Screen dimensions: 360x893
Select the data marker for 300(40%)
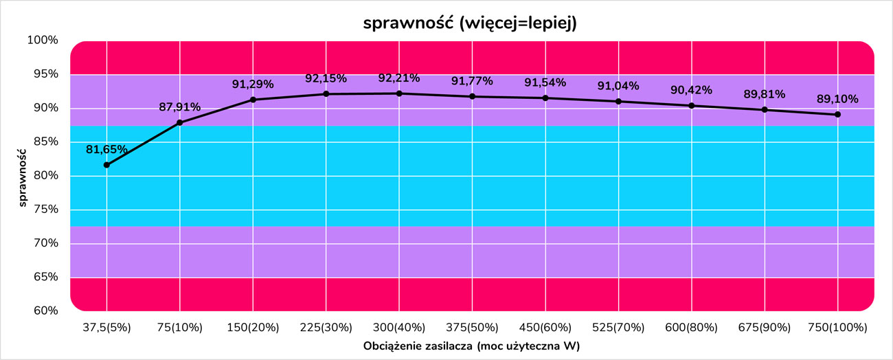[399, 93]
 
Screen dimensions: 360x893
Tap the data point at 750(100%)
[838, 115]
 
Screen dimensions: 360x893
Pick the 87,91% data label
[179, 106]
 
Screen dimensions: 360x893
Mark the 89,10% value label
[837, 99]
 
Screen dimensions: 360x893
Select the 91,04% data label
[618, 86]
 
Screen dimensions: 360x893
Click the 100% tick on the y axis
[43, 41]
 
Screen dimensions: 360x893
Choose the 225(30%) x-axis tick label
[326, 328]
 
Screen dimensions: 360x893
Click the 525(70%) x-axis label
[618, 328]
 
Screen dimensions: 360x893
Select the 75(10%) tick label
[179, 328]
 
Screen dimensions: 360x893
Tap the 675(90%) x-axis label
[765, 328]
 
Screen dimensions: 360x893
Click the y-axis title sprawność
[23, 176]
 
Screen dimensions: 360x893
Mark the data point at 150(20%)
[253, 100]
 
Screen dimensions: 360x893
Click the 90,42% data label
[691, 90]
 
